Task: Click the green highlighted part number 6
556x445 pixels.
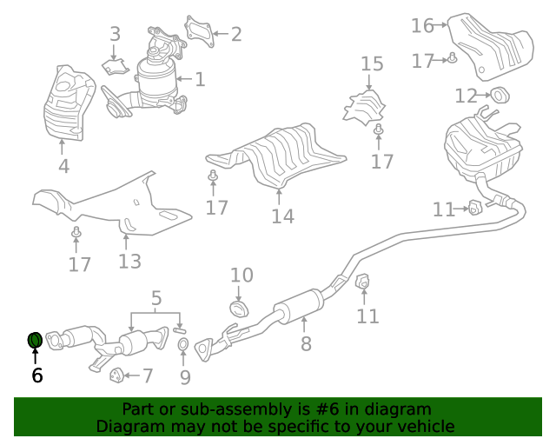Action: (x=35, y=340)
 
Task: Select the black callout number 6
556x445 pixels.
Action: (x=36, y=375)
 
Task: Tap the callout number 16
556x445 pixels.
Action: (x=422, y=25)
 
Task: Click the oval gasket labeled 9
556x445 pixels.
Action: (x=183, y=344)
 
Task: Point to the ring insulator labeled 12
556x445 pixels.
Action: (x=500, y=95)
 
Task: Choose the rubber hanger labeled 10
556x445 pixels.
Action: (x=239, y=309)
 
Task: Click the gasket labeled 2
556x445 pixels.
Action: (x=199, y=31)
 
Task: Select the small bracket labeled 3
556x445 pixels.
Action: (x=116, y=67)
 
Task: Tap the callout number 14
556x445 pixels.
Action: (x=282, y=216)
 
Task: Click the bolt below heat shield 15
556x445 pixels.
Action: (x=379, y=130)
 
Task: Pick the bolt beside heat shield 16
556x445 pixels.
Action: (x=452, y=58)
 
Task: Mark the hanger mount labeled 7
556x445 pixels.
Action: (x=116, y=375)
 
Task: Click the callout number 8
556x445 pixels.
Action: (x=306, y=343)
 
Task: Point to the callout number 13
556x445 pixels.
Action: (x=129, y=262)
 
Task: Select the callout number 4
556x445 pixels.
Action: (x=63, y=166)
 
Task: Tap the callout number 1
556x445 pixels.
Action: (x=200, y=79)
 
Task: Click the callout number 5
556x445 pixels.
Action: (x=156, y=298)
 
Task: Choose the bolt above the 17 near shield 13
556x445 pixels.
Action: (x=76, y=232)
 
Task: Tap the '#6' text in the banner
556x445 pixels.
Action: (x=327, y=409)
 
